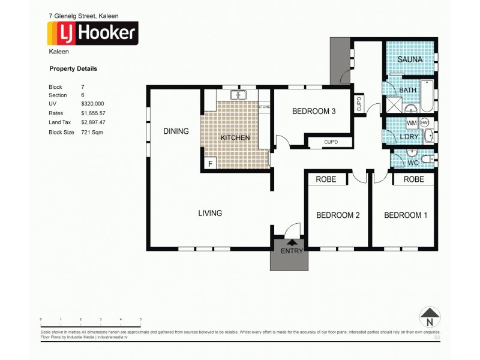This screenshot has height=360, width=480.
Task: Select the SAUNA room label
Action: click(410, 59)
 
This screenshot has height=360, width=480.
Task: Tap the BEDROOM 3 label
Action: click(313, 111)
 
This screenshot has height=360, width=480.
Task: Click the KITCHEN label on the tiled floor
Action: click(235, 138)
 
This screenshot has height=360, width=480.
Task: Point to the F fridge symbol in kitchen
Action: click(211, 163)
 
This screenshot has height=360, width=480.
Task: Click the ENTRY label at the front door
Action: click(292, 251)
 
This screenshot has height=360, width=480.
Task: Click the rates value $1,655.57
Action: click(93, 113)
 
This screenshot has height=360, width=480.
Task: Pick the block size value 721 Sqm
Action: click(92, 131)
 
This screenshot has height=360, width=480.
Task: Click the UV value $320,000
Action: click(92, 104)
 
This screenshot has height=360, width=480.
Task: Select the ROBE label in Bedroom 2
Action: click(328, 179)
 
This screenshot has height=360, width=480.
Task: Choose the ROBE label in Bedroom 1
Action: click(413, 179)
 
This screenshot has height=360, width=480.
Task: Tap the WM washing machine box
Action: click(412, 123)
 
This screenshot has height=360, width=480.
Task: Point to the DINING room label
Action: click(176, 131)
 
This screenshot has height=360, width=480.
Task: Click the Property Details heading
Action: click(73, 69)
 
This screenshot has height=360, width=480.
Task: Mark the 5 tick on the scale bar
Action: click(140, 319)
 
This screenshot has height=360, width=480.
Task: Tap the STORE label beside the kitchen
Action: click(265, 107)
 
